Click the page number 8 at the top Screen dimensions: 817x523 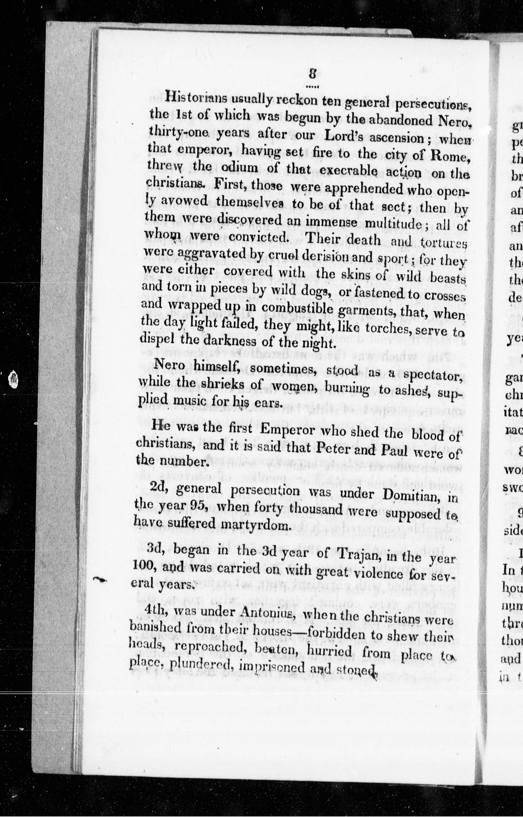click(x=312, y=74)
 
